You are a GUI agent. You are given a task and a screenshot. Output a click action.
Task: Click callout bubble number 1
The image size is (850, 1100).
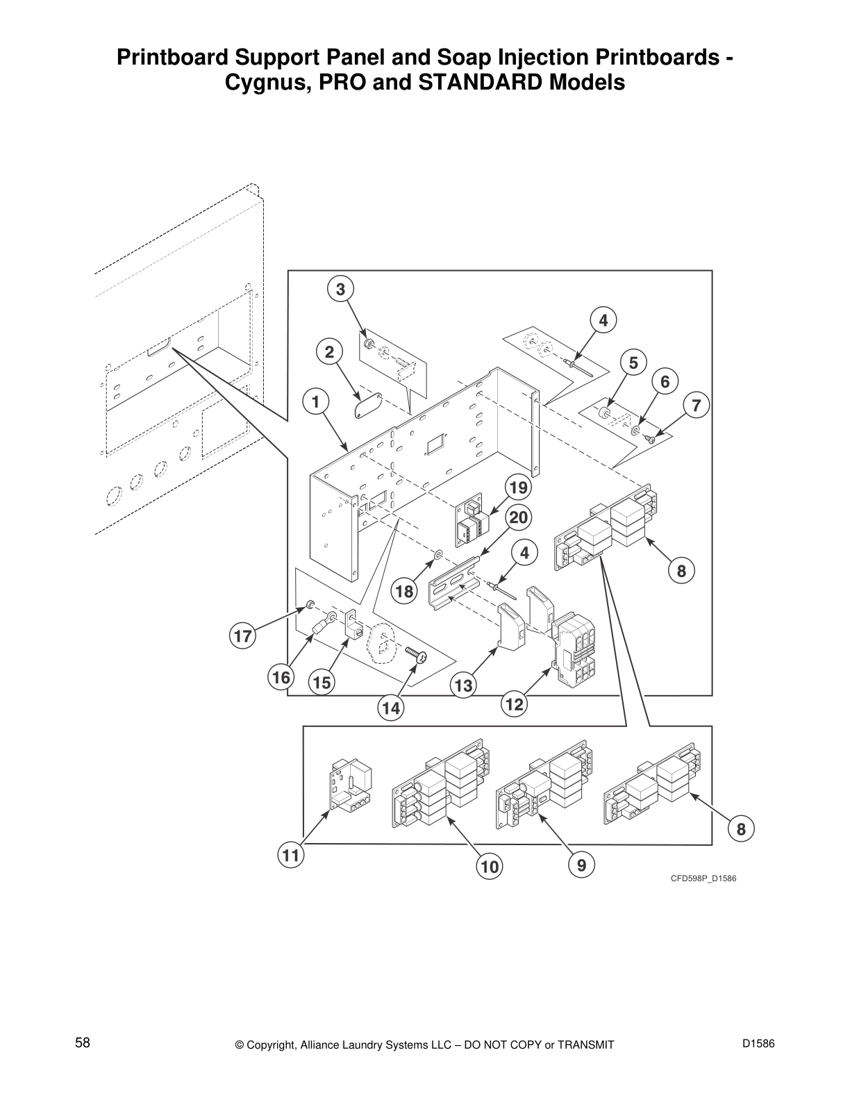pos(315,401)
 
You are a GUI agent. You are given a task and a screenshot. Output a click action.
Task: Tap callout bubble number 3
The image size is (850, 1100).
pos(340,289)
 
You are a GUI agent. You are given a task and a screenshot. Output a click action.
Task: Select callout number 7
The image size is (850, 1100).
pos(697,405)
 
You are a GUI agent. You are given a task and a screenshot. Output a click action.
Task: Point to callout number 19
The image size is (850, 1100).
pos(518,488)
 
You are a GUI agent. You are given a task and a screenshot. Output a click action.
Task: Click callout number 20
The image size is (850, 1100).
pos(518,517)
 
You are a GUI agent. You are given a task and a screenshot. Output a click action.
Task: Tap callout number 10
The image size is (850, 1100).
pos(490,866)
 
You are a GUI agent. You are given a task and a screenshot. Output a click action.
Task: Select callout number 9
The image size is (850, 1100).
pos(581,865)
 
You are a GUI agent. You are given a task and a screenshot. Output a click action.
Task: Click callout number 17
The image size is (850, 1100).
pos(242,636)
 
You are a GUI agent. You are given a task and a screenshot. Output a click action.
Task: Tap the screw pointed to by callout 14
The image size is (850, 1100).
pos(415,652)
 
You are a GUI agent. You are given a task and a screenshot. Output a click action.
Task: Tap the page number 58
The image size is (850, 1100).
pos(83,1042)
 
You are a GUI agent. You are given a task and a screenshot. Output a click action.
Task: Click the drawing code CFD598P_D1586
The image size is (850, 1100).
pos(703,878)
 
